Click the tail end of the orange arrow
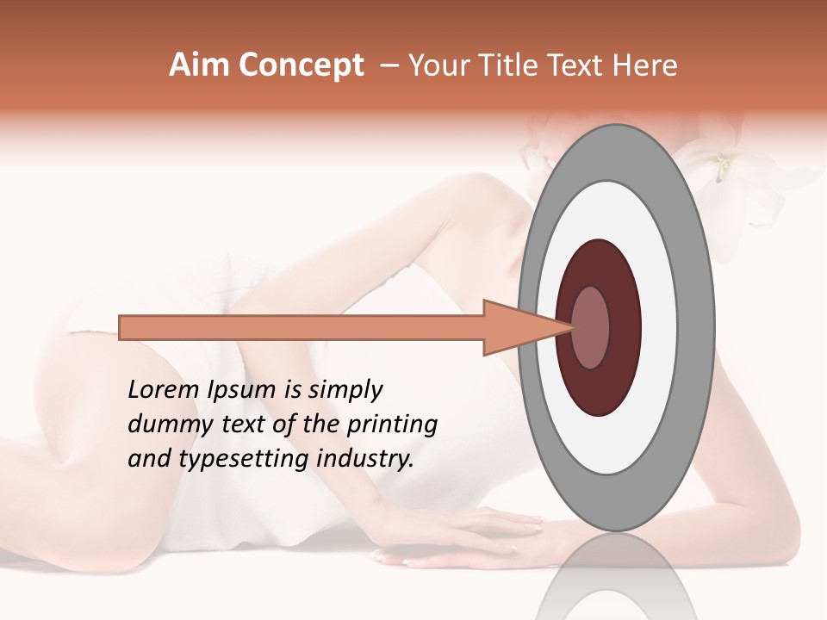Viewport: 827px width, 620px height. (x=121, y=328)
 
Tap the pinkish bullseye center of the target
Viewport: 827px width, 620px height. (x=591, y=327)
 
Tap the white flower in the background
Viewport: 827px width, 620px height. (x=732, y=181)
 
